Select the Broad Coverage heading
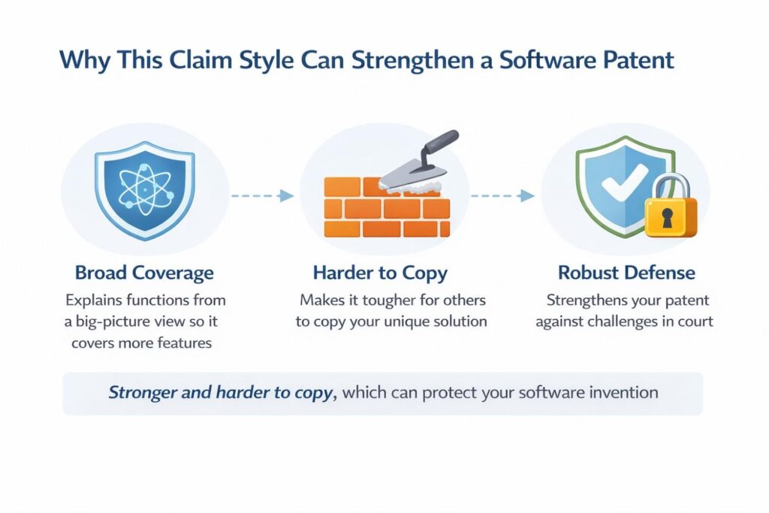[x=145, y=273]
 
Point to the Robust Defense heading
[x=626, y=273]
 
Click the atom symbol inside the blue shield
[x=144, y=189]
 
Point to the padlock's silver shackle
[x=671, y=188]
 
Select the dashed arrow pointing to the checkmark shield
[x=502, y=196]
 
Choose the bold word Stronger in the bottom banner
[x=146, y=393]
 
